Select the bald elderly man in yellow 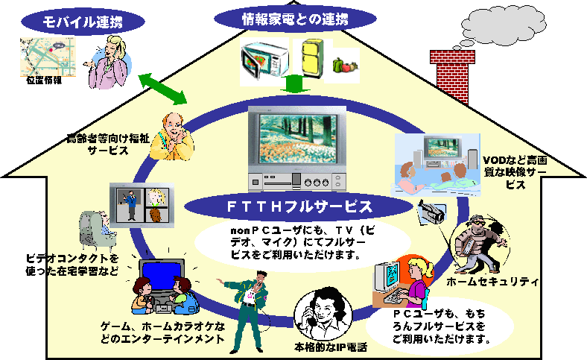(174, 134)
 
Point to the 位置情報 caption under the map (44, 79)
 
